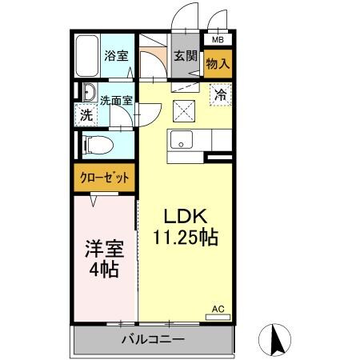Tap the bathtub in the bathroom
(x=86, y=54)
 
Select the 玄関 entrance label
(x=186, y=55)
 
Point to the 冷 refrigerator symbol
(x=221, y=94)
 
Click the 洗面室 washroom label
(x=117, y=101)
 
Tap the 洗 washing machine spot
(x=86, y=114)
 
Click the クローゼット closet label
(x=105, y=178)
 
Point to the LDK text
(x=186, y=216)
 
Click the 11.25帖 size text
(x=186, y=237)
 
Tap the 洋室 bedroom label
(x=104, y=249)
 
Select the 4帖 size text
(x=104, y=270)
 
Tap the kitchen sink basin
(x=182, y=140)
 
